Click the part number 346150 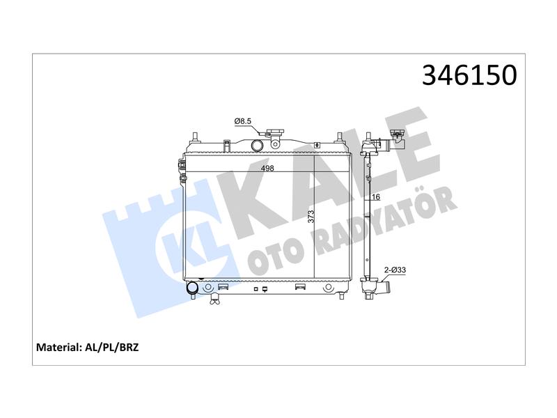469,75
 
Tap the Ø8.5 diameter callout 242,121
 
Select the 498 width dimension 267,168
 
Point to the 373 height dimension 311,217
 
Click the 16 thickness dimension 376,197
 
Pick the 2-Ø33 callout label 395,270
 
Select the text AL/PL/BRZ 112,347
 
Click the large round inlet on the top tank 256,145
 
